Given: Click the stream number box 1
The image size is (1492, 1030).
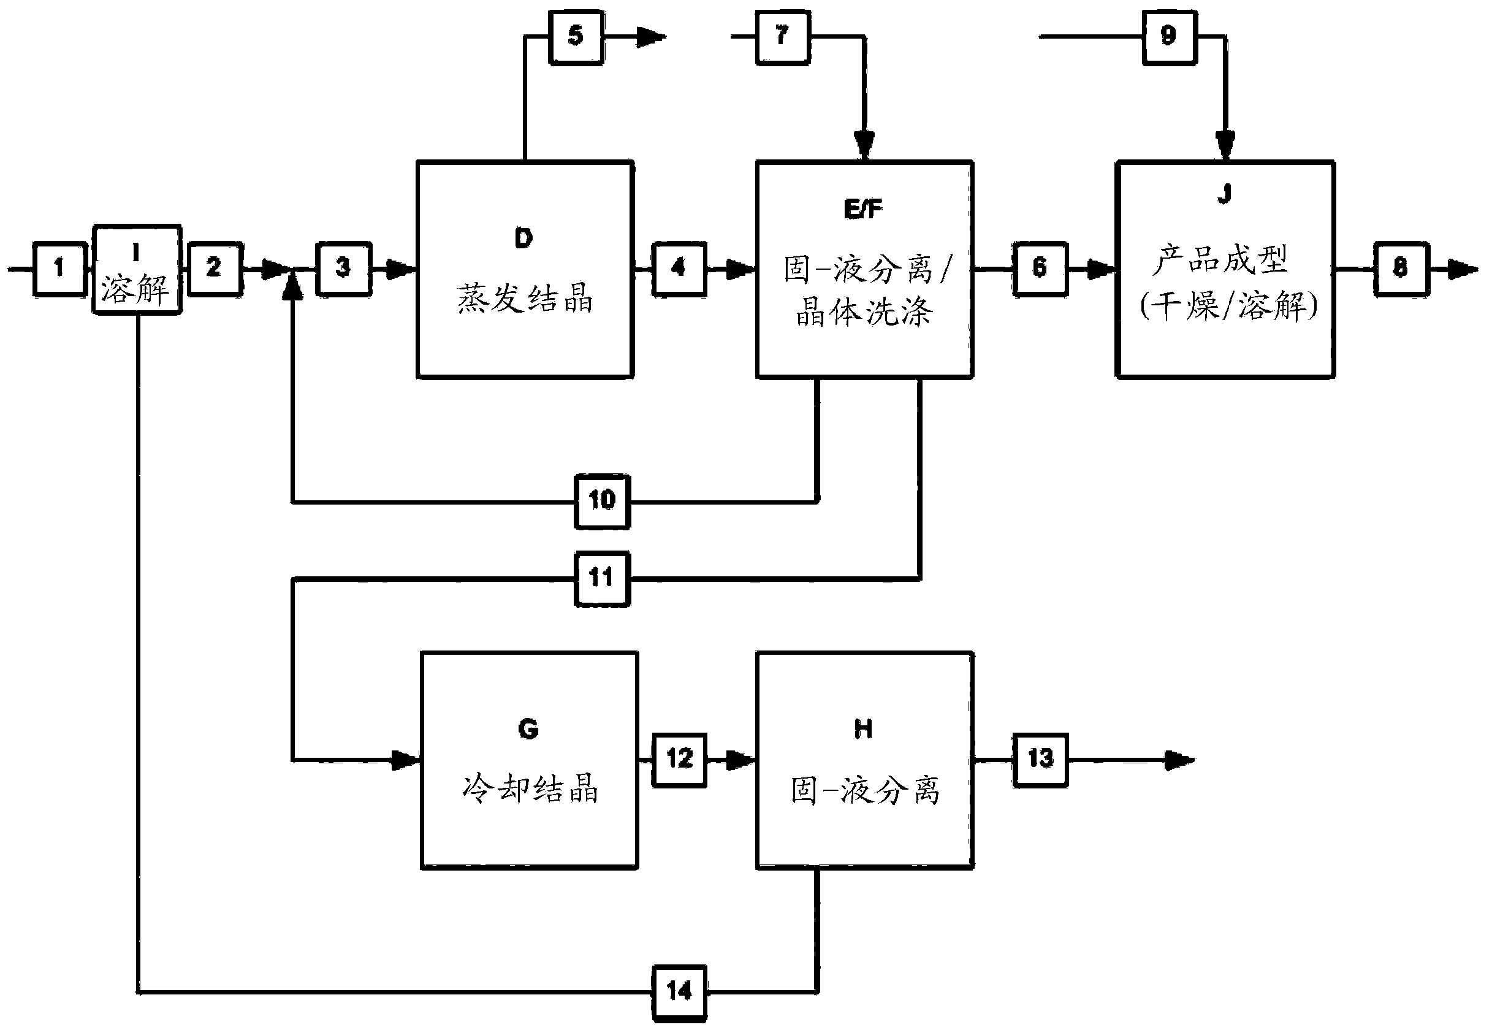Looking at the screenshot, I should pyautogui.click(x=59, y=269).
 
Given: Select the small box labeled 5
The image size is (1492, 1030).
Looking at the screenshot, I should pyautogui.click(x=576, y=37).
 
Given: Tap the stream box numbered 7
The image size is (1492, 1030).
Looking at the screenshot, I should pyautogui.click(x=782, y=37).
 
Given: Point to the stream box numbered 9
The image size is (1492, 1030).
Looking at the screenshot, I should pyautogui.click(x=1170, y=37).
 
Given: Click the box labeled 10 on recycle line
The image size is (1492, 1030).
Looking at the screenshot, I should pyautogui.click(x=602, y=501).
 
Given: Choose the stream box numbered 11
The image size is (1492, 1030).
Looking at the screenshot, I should pyautogui.click(x=602, y=578).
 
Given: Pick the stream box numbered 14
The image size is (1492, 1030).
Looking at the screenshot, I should pyautogui.click(x=679, y=992).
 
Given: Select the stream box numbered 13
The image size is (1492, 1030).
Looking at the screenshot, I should pyautogui.click(x=1040, y=760).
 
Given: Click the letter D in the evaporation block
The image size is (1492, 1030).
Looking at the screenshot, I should pyautogui.click(x=523, y=238).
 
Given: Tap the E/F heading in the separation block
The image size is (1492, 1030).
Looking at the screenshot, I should pyautogui.click(x=863, y=208).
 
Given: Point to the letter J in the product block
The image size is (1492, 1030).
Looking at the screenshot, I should pyautogui.click(x=1224, y=193).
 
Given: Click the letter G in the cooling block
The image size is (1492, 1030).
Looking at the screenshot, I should pyautogui.click(x=528, y=729).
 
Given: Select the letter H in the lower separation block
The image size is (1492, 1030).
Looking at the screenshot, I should pyautogui.click(x=863, y=729).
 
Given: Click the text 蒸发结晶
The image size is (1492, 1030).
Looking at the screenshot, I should pyautogui.click(x=525, y=299).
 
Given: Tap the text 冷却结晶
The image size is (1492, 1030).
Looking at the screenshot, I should pyautogui.click(x=530, y=788).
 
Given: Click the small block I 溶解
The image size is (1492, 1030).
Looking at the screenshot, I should pyautogui.click(x=137, y=270).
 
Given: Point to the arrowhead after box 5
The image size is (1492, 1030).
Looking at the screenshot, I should pyautogui.click(x=652, y=37).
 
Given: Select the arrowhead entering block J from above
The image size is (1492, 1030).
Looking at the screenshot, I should pyautogui.click(x=1225, y=145).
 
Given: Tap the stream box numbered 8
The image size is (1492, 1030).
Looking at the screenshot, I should pyautogui.click(x=1401, y=269).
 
